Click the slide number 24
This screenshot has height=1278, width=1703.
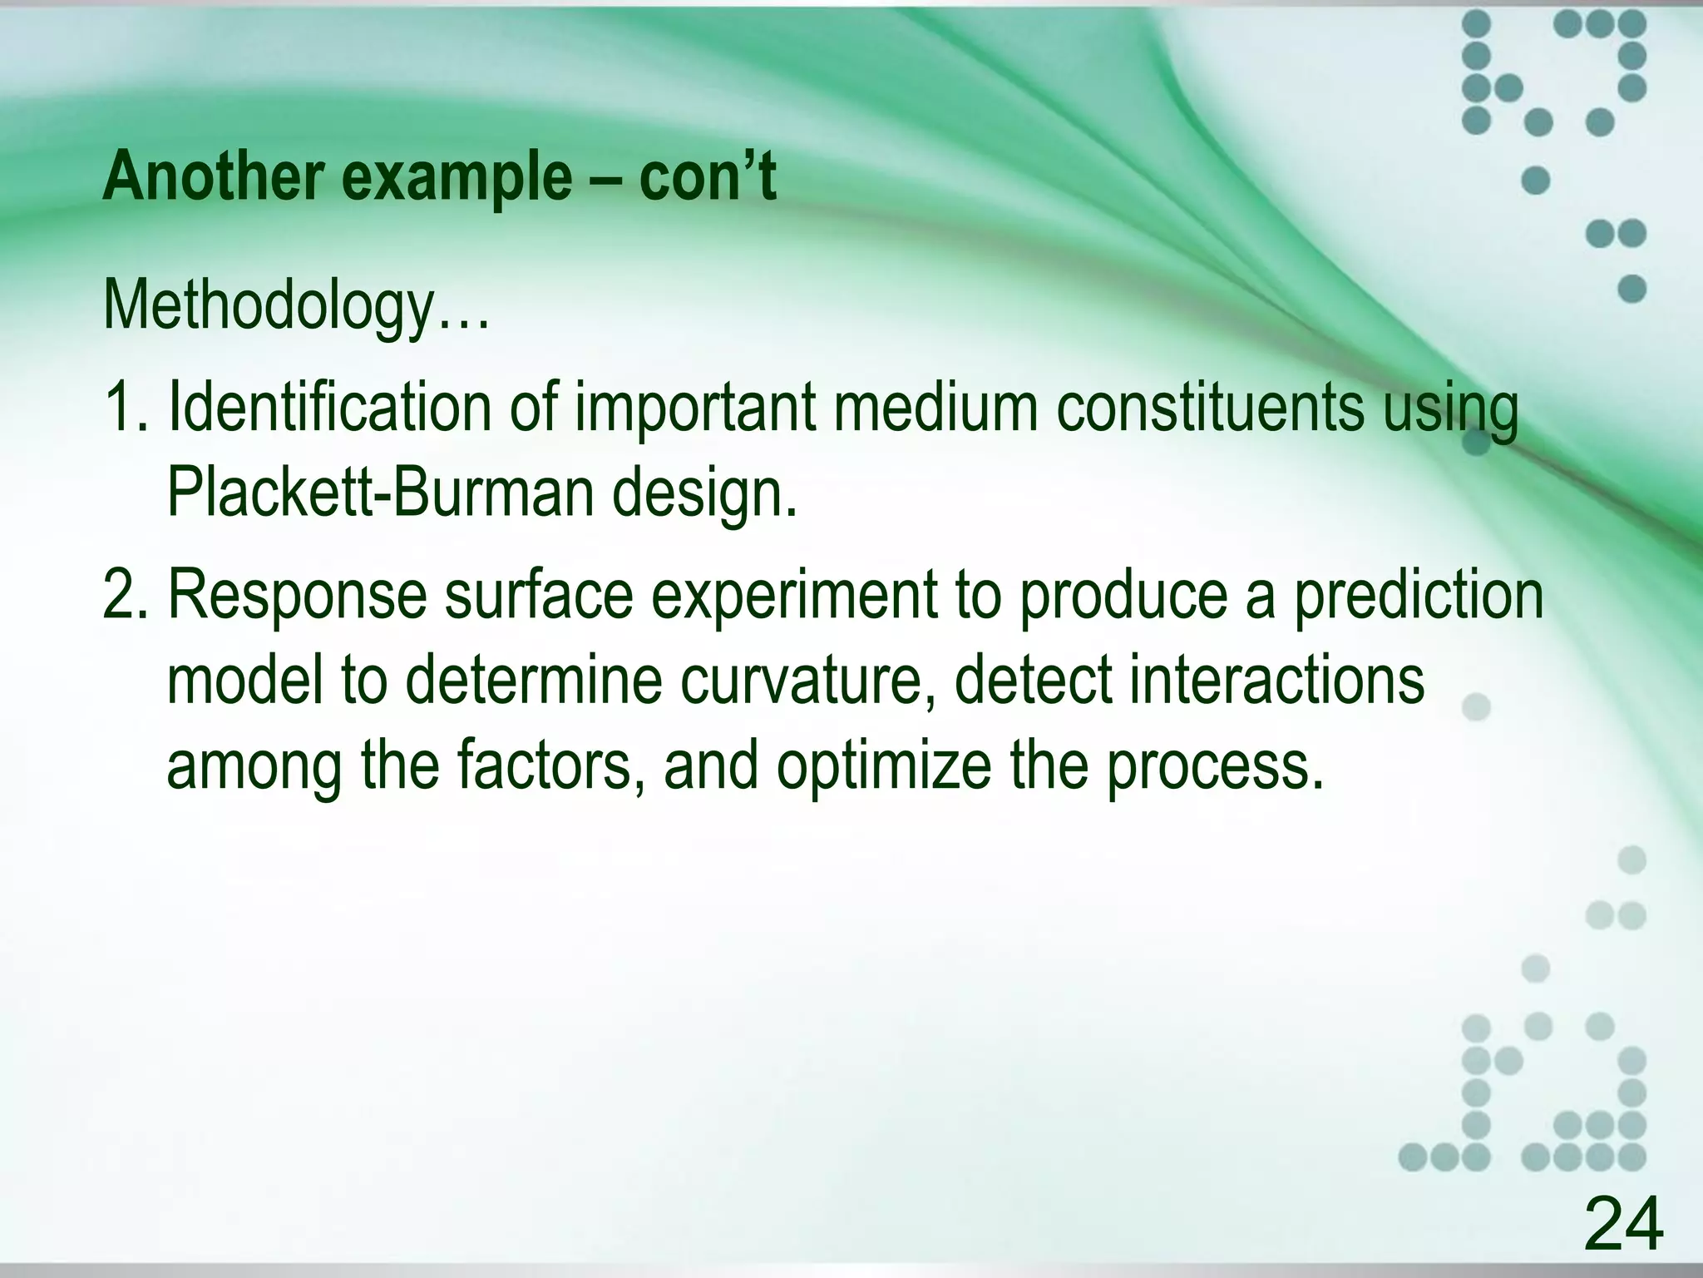coord(1623,1223)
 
